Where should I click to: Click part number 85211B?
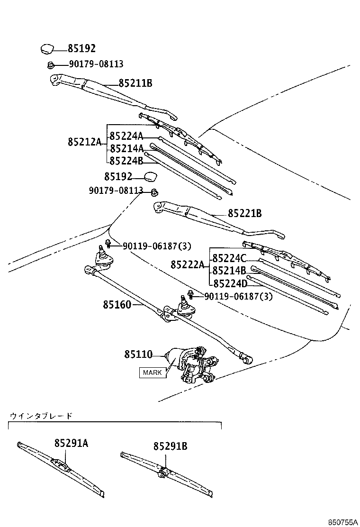point(135,83)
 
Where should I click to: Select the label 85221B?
point(244,214)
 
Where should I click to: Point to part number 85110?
point(138,354)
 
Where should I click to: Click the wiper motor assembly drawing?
point(192,365)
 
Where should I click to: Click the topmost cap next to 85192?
point(47,48)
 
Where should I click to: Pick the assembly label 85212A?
point(84,142)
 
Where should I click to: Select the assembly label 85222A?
point(187,265)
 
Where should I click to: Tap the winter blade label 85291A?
point(71,443)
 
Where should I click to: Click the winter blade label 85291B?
point(170,446)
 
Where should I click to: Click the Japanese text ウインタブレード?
point(41,416)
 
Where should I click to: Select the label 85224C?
point(229,258)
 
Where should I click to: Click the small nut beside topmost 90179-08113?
point(50,64)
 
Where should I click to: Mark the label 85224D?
point(230,283)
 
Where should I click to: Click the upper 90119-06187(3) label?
point(156,246)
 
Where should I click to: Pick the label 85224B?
point(126,160)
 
